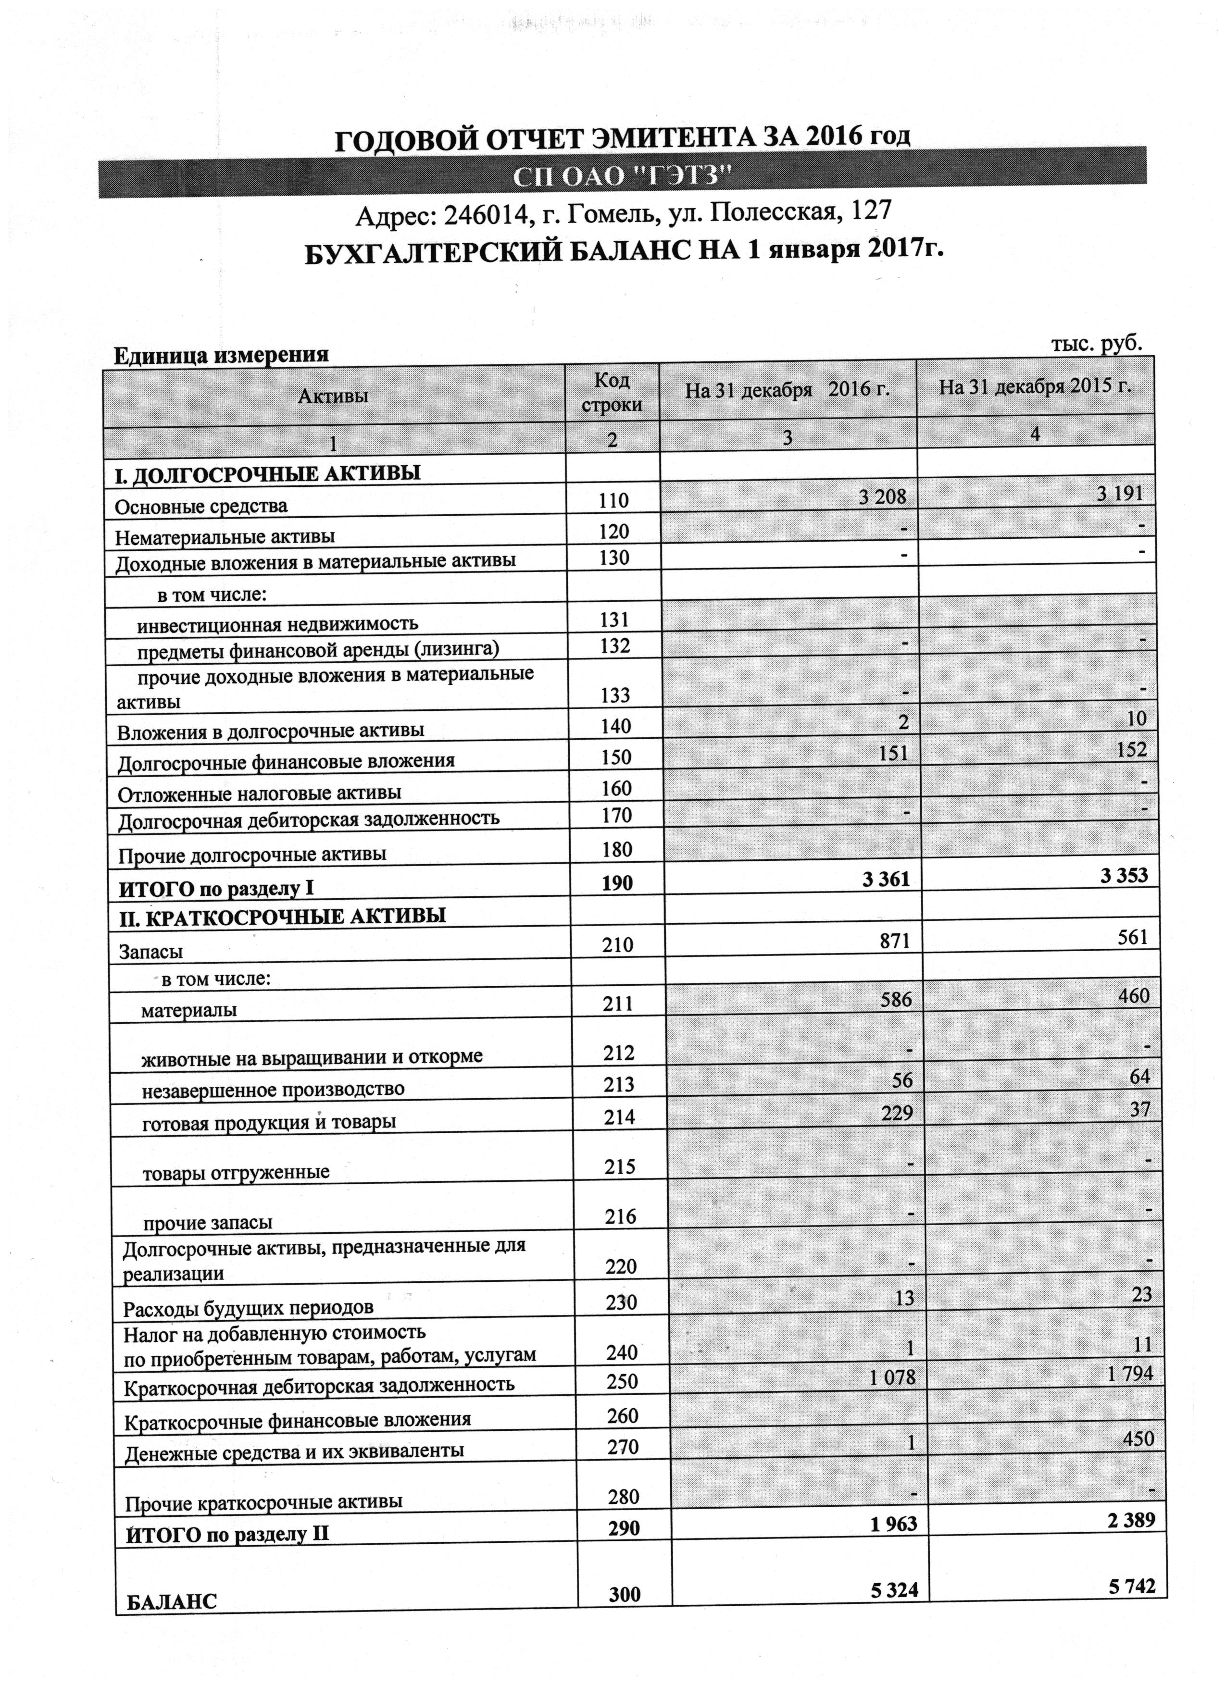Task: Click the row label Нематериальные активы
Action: tap(225, 536)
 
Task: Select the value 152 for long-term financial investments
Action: tap(1131, 749)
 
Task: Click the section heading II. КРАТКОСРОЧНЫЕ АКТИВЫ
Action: tap(283, 916)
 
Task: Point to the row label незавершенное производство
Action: tap(273, 1090)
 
